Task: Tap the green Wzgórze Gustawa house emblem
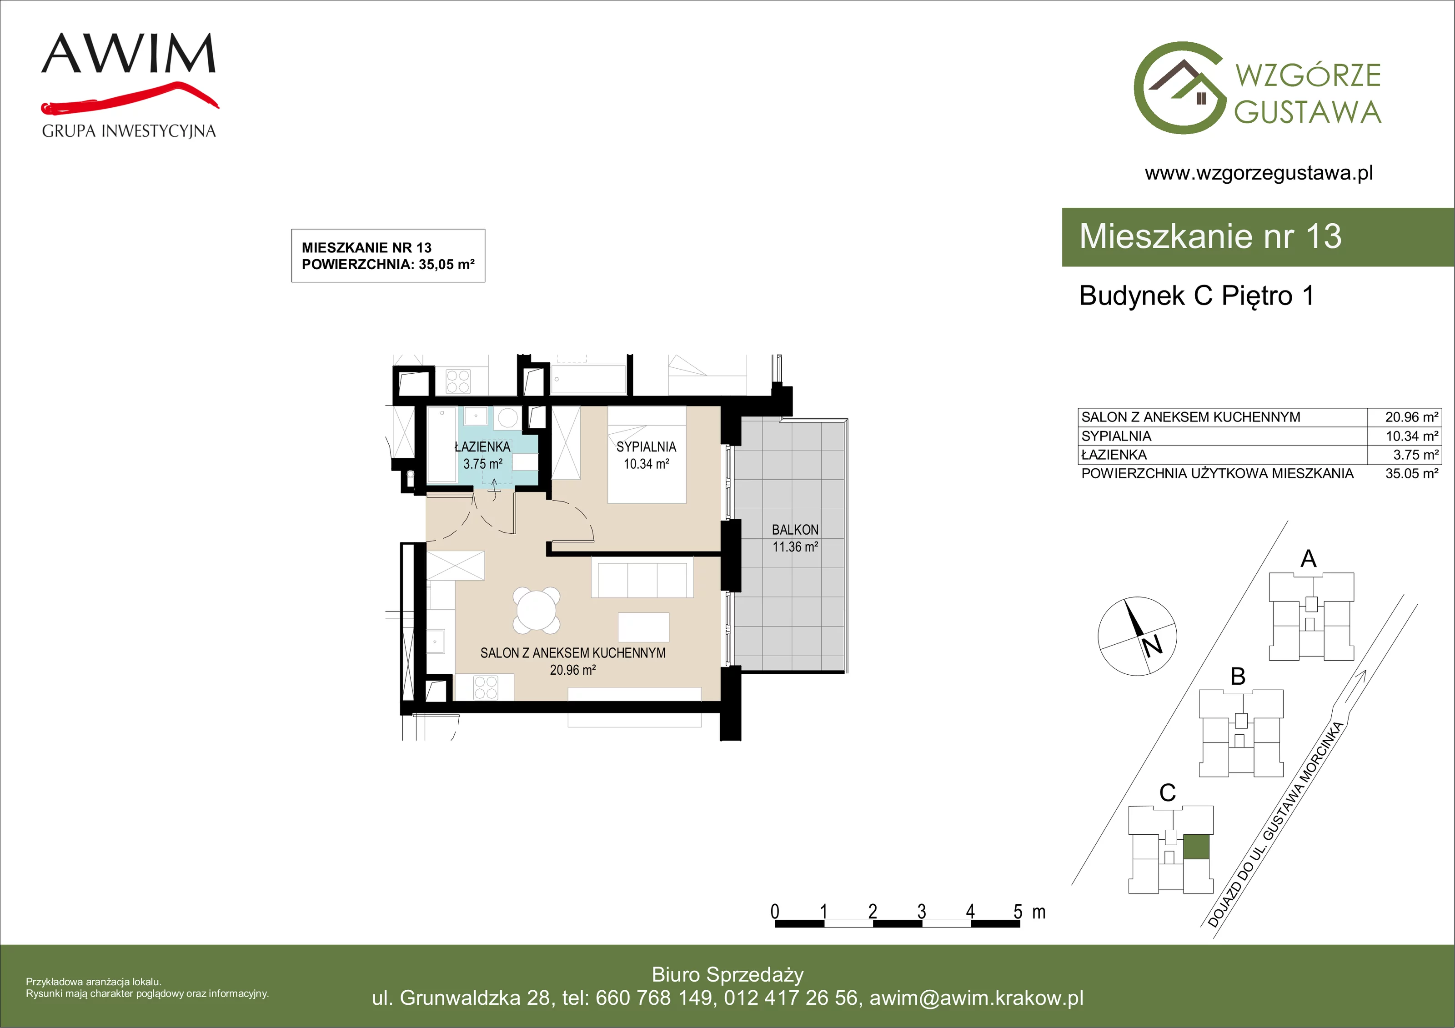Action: [x=1179, y=88]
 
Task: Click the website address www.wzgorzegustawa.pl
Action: [x=1259, y=173]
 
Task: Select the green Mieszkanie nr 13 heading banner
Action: [x=1258, y=237]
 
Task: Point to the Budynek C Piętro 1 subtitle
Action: [x=1196, y=296]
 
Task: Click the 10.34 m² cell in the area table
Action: [x=1412, y=436]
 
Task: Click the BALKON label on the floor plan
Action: [x=795, y=530]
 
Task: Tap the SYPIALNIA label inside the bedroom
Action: [x=647, y=447]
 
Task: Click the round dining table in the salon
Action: [x=536, y=610]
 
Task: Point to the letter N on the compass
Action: [x=1152, y=645]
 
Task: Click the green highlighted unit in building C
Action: [x=1196, y=847]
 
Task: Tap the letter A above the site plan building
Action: [x=1308, y=559]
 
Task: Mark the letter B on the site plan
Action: [x=1238, y=676]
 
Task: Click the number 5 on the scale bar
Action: [x=1018, y=912]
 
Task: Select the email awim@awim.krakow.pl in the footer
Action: [x=977, y=998]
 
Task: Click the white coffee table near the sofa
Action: [x=643, y=627]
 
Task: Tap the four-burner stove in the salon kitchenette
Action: [x=486, y=687]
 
